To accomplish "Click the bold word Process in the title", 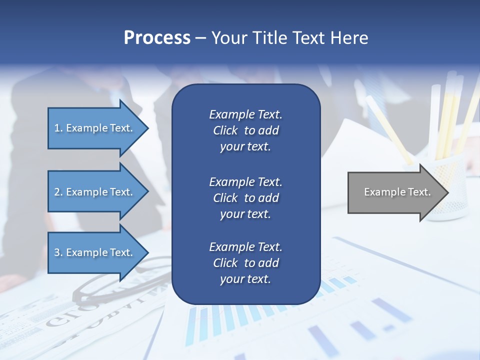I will pyautogui.click(x=157, y=38).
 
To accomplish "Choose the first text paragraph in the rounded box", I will pyautogui.click(x=245, y=130).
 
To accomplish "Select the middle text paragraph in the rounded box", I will pyautogui.click(x=245, y=197).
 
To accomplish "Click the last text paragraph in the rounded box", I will pyautogui.click(x=245, y=263).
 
